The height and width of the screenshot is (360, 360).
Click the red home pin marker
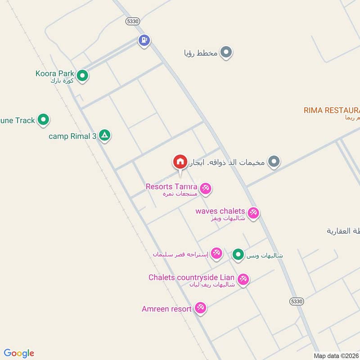[x=180, y=162]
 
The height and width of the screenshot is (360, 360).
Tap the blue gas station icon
[x=144, y=40]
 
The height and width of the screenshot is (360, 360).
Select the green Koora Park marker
[x=82, y=76]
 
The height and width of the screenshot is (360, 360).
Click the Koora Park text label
[x=54, y=73]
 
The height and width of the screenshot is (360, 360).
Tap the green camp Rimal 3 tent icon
[x=104, y=135]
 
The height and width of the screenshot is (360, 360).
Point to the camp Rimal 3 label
[x=72, y=136]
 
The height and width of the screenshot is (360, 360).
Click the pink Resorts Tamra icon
[x=206, y=188]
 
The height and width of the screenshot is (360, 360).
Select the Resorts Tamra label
[x=171, y=186]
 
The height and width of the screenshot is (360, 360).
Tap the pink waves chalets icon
[x=253, y=213]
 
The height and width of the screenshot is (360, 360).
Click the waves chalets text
[x=220, y=211]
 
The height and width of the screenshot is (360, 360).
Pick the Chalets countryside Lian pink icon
[x=243, y=279]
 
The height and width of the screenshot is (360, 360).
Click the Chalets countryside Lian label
[x=191, y=277]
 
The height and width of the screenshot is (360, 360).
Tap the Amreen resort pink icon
[x=200, y=308]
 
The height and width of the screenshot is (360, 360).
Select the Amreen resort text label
[x=166, y=309]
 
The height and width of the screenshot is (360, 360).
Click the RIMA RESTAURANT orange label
[x=332, y=110]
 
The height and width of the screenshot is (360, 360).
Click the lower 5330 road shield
[x=297, y=301]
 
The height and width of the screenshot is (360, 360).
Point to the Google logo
[x=19, y=353]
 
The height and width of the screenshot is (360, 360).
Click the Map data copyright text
[x=335, y=355]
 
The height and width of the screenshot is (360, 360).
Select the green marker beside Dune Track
[x=43, y=120]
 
